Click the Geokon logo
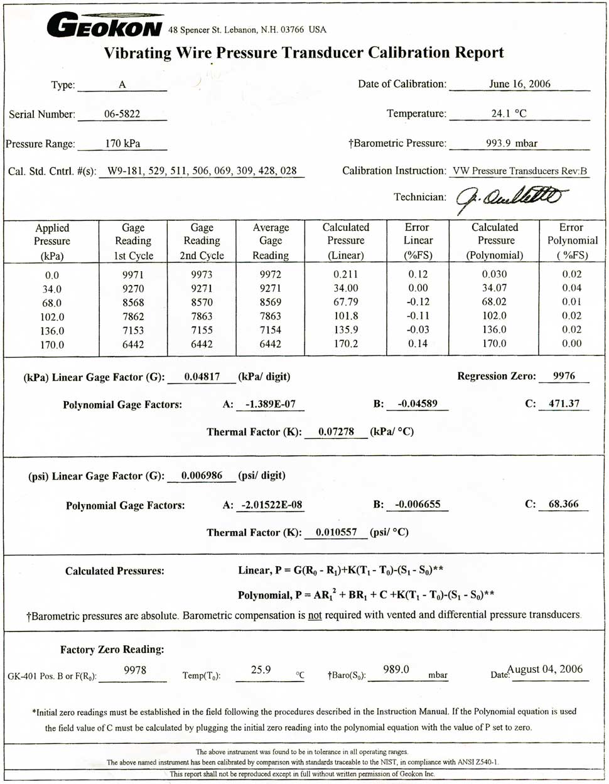(x=104, y=26)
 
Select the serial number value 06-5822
(x=122, y=114)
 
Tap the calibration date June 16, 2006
(x=519, y=84)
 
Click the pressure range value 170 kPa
(x=122, y=143)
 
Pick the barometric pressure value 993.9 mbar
(x=512, y=143)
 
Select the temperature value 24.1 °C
(x=509, y=114)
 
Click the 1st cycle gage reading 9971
(x=132, y=275)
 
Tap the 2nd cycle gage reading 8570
(x=202, y=303)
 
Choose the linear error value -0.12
(x=418, y=303)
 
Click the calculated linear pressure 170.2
(x=346, y=344)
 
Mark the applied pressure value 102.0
(x=52, y=317)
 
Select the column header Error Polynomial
(x=571, y=241)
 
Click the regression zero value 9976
(x=564, y=376)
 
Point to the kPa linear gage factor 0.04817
(x=202, y=377)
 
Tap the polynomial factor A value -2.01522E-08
(x=267, y=505)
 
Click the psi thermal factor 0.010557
(x=336, y=532)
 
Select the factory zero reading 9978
(x=135, y=670)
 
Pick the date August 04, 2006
(x=545, y=669)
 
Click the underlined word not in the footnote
(x=315, y=616)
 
